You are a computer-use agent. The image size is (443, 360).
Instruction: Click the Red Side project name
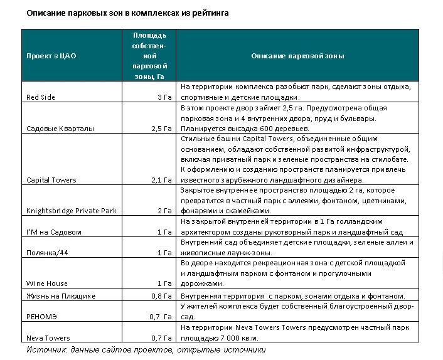point(41,97)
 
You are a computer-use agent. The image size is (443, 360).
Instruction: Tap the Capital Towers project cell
point(51,180)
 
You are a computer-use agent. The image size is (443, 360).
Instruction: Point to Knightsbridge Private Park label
point(72,211)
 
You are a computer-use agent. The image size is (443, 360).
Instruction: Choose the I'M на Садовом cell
point(53,231)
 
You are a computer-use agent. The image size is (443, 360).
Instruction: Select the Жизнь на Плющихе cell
point(61,295)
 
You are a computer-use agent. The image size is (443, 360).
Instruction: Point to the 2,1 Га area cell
point(161,180)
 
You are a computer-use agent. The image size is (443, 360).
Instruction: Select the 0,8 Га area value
point(161,295)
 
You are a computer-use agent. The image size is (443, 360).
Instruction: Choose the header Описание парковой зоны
point(298,56)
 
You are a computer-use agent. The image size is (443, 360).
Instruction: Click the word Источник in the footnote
point(47,349)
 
